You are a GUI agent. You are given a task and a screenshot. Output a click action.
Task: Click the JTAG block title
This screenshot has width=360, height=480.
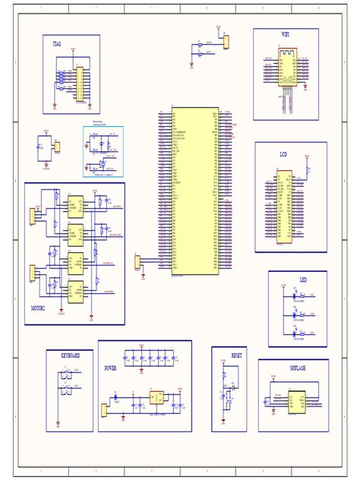pyautogui.click(x=57, y=46)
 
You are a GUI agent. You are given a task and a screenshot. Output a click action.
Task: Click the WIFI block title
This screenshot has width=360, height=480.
pyautogui.click(x=286, y=35)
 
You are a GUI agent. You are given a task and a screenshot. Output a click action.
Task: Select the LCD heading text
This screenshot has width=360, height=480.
pyautogui.click(x=283, y=154)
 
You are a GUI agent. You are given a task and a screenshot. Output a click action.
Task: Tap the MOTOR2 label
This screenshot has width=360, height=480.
pyautogui.click(x=37, y=309)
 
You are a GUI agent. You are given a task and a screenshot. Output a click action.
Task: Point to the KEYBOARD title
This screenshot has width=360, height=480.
pyautogui.click(x=69, y=355)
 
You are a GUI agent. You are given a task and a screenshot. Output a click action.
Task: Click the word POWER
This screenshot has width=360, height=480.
pyautogui.click(x=110, y=368)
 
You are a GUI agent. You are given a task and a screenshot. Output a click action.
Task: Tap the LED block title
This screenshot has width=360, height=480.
pyautogui.click(x=303, y=279)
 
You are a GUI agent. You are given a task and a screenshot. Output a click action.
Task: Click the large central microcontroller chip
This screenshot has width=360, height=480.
pyautogui.click(x=194, y=190)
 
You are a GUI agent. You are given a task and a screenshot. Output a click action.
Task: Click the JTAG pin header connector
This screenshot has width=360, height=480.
pyautogui.click(x=79, y=84)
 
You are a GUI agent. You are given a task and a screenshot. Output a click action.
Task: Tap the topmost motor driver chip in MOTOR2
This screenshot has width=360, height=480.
pyautogui.click(x=75, y=204)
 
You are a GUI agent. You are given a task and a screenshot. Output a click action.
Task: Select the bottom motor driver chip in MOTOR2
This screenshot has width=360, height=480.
pyautogui.click(x=75, y=291)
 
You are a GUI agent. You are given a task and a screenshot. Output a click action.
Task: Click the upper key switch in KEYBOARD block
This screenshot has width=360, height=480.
pyautogui.click(x=67, y=374)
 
